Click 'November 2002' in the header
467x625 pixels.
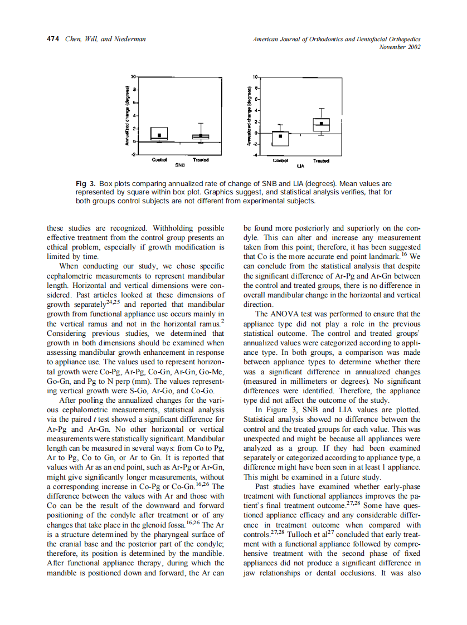400,47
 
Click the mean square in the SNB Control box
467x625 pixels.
159,135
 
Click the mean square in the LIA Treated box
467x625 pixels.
322,124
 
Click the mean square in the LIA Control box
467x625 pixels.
281,136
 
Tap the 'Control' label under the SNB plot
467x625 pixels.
159,160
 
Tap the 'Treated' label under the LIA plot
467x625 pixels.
322,161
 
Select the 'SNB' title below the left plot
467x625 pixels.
179,165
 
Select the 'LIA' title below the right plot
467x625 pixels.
301,165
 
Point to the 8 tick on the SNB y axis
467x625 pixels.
134,89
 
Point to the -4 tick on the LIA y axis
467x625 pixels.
255,155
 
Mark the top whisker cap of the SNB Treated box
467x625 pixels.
201,123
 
